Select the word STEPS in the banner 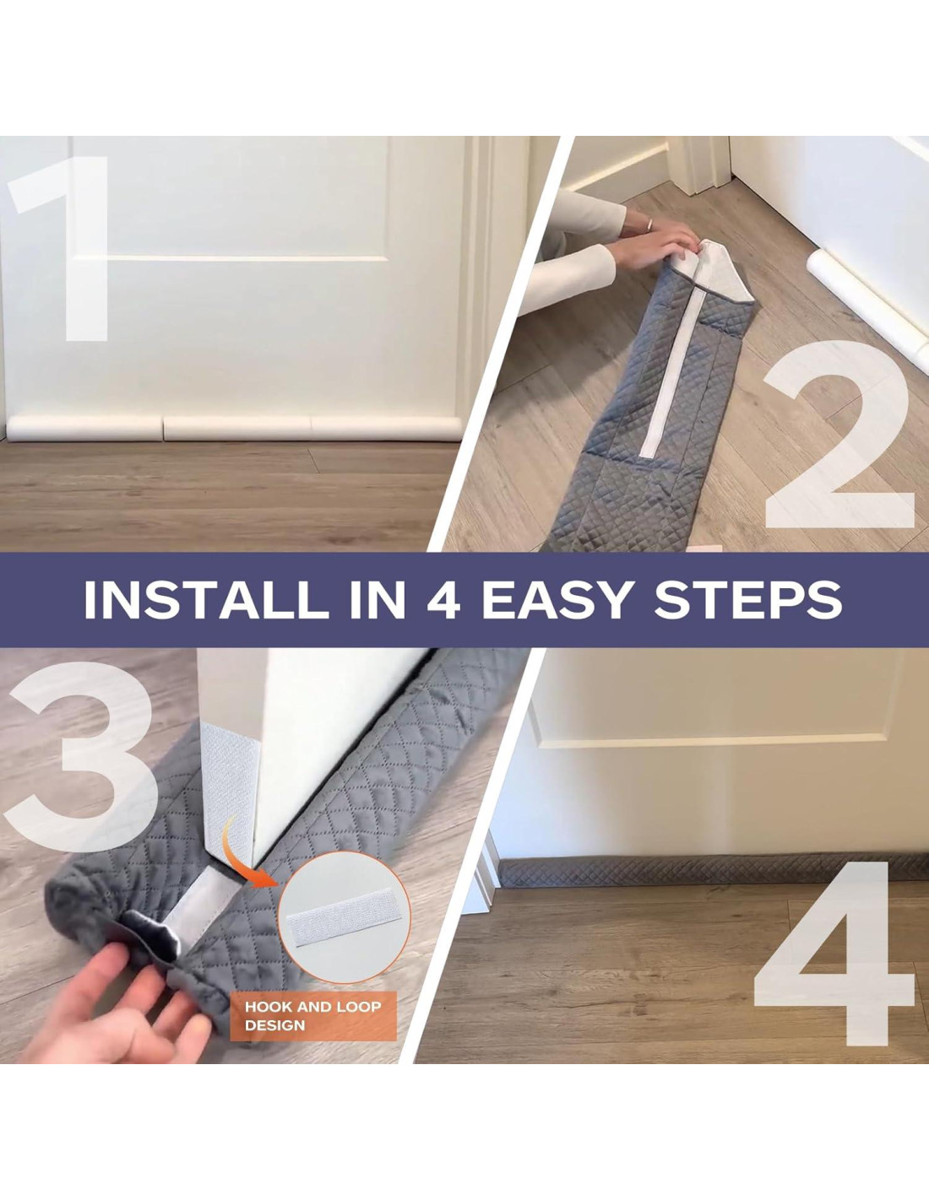(x=748, y=600)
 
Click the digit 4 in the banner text (x=443, y=600)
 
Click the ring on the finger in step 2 (x=650, y=223)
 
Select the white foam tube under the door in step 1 (x=234, y=429)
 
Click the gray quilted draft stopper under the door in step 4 (x=713, y=873)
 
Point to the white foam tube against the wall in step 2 (x=867, y=307)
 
